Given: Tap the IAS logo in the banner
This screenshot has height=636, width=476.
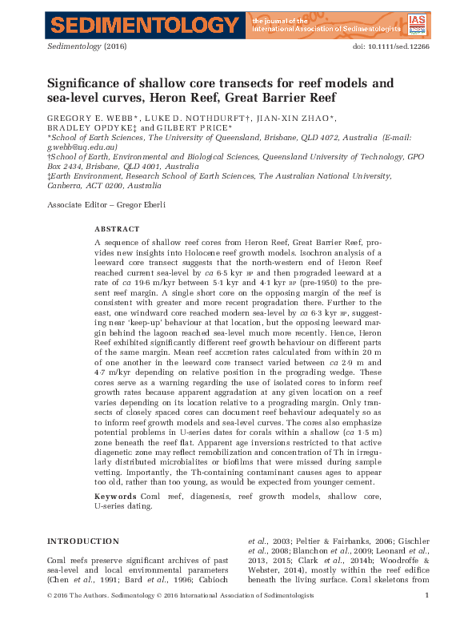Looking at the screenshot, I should (x=417, y=25).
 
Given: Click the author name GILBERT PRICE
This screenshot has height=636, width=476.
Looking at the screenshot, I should (x=200, y=127).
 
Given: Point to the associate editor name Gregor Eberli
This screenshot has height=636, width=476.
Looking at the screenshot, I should (x=144, y=205).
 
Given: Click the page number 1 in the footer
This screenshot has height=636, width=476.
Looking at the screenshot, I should (x=427, y=618).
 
